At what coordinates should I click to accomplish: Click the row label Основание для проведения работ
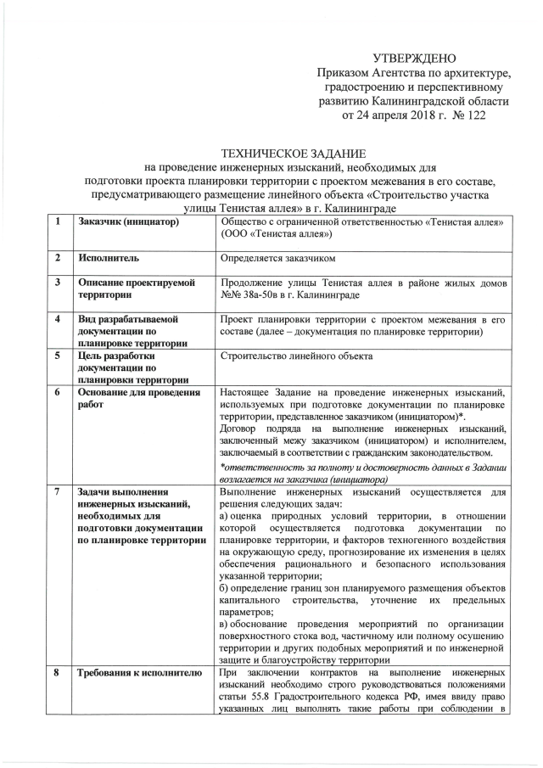(x=136, y=399)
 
